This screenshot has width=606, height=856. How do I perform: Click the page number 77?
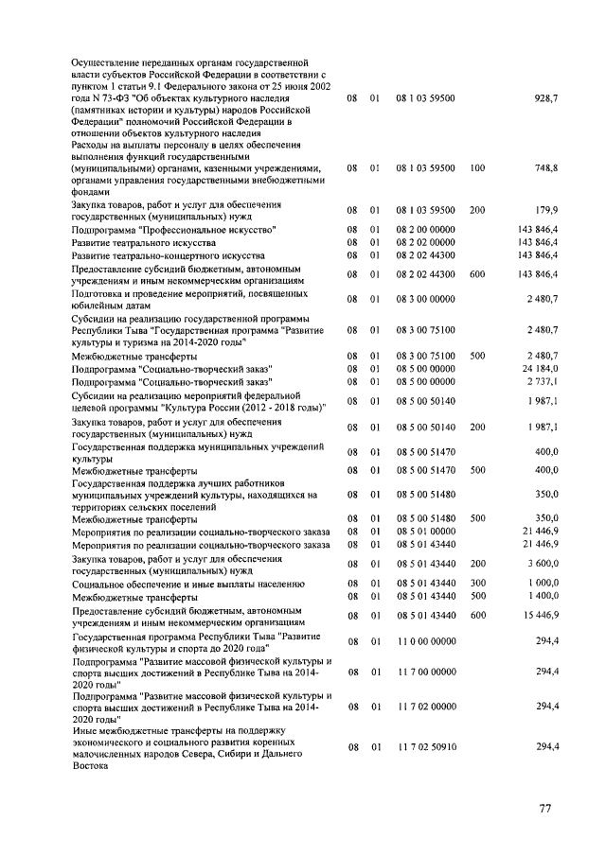545,808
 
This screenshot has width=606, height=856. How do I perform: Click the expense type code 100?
476,167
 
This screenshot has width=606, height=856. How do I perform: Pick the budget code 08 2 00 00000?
426,230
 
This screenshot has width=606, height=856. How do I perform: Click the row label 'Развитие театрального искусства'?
136,242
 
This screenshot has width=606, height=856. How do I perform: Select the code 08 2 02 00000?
426,242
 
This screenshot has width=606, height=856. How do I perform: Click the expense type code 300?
476,584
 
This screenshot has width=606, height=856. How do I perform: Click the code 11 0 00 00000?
426,643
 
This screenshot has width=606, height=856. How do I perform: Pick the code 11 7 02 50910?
426,746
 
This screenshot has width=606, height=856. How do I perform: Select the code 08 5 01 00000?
426,532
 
